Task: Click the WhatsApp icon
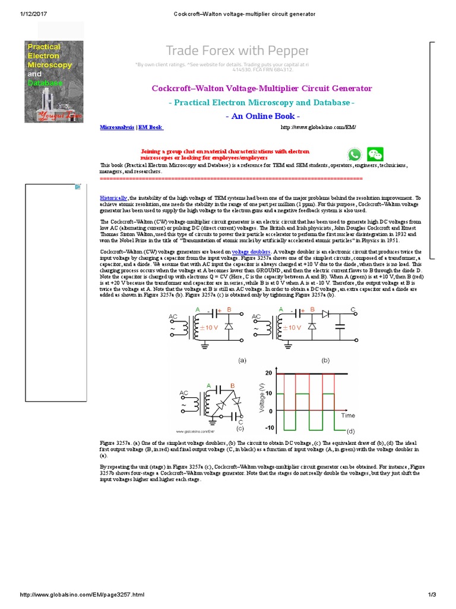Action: pyautogui.click(x=354, y=155)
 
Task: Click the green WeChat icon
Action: pyautogui.click(x=375, y=155)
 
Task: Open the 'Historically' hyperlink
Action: pyautogui.click(x=113, y=197)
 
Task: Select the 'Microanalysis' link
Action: pyautogui.click(x=117, y=127)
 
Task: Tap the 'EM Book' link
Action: pyautogui.click(x=151, y=127)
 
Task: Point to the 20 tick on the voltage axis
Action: pyautogui.click(x=268, y=373)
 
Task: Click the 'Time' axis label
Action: pyautogui.click(x=347, y=416)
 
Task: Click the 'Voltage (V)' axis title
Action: pyautogui.click(x=262, y=397)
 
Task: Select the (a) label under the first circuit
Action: pyautogui.click(x=242, y=360)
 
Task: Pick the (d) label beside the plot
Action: pyautogui.click(x=350, y=431)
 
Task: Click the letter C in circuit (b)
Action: pyautogui.click(x=353, y=309)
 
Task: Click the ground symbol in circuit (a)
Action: pyautogui.click(x=205, y=344)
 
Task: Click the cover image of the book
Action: pyautogui.click(x=49, y=81)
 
